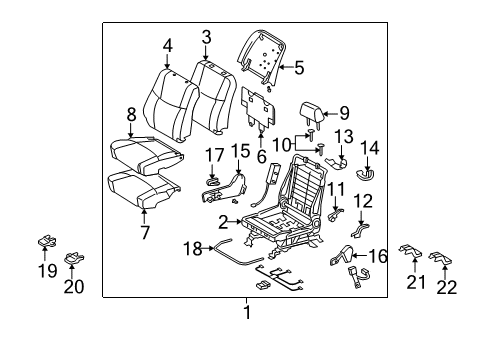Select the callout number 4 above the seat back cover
[x=168, y=44]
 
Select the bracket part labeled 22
[x=441, y=262]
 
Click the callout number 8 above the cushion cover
[x=131, y=115]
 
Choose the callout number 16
[x=379, y=257]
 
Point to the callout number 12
[x=363, y=201]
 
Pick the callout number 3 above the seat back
[x=206, y=37]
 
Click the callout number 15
[x=240, y=151]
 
